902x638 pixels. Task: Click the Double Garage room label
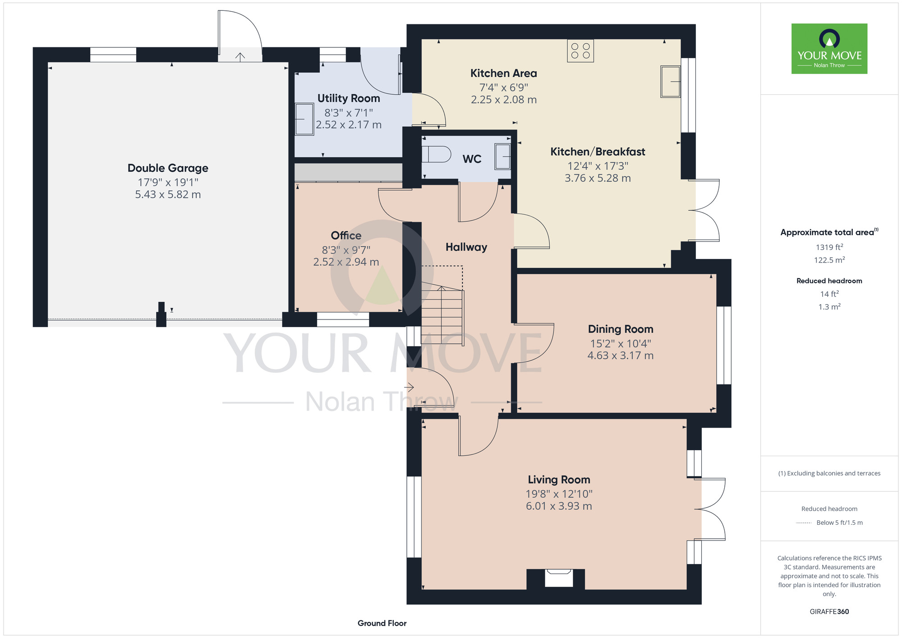pos(168,168)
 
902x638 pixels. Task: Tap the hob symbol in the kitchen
pos(580,51)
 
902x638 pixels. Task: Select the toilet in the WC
pos(436,154)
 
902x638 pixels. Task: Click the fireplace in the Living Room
pos(559,578)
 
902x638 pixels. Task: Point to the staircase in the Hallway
pos(442,316)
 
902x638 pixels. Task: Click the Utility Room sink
pos(304,119)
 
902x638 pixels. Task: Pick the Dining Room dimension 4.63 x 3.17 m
pos(620,356)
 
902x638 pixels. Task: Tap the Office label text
pos(346,236)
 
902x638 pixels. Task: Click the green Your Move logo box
pos(829,49)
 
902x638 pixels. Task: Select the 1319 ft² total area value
pos(829,247)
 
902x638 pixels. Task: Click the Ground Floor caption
pos(382,623)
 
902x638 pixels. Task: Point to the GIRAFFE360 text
pos(829,612)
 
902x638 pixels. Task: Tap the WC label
pos(472,159)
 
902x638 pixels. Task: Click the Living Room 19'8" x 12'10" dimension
pos(559,494)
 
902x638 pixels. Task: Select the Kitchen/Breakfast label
pos(598,152)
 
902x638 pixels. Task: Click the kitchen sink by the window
pos(671,82)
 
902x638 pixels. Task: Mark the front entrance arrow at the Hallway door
pos(409,387)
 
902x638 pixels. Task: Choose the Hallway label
pos(466,247)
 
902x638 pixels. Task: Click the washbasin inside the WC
pos(502,157)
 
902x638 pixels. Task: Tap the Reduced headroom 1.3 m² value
pos(829,307)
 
